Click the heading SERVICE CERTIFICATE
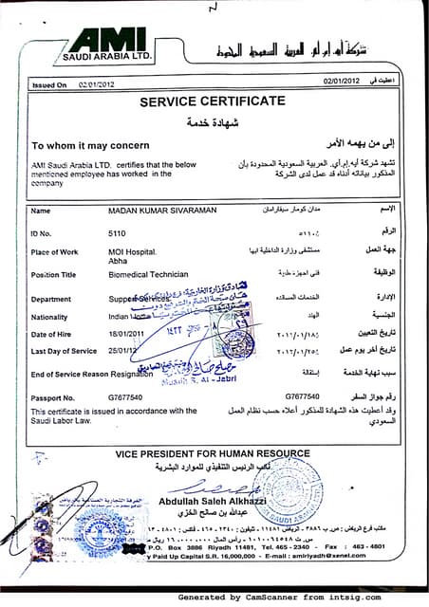point(212,101)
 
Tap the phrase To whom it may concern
point(90,146)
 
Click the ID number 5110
point(117,230)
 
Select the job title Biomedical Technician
point(148,274)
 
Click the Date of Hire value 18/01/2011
point(128,334)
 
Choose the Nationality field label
point(50,317)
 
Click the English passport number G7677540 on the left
point(125,395)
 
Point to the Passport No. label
point(53,395)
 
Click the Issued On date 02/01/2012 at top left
point(97,84)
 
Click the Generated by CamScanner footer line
point(301,598)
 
